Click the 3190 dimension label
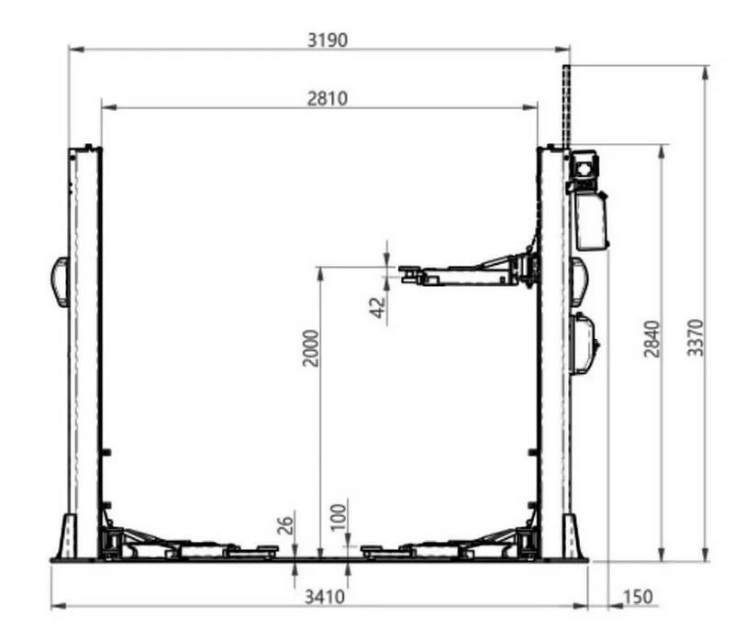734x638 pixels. pos(328,40)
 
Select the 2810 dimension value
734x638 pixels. pos(328,99)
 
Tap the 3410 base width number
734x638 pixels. pos(325,597)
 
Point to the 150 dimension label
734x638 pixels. pos(637,597)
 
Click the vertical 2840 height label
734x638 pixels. pos(652,338)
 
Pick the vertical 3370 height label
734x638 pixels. pos(695,337)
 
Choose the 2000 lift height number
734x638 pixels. pos(310,348)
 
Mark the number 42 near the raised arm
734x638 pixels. pos(378,307)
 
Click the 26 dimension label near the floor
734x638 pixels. pos(285,525)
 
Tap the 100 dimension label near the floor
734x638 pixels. pos(339,517)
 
